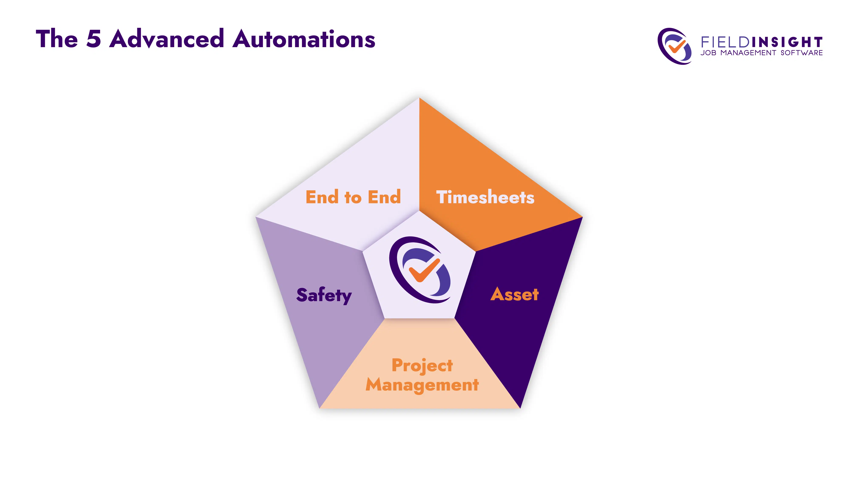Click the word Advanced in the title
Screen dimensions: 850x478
[x=167, y=39]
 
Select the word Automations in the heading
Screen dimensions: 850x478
[x=304, y=39]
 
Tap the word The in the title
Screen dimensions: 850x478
[x=57, y=39]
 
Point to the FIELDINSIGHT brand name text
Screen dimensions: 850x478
[x=762, y=42]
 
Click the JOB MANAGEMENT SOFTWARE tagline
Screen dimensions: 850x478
[x=762, y=53]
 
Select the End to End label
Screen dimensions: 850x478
[x=353, y=197]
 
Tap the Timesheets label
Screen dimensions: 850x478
[x=485, y=197]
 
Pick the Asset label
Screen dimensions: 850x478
[x=514, y=294]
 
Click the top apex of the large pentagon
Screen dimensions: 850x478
[x=419, y=98]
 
